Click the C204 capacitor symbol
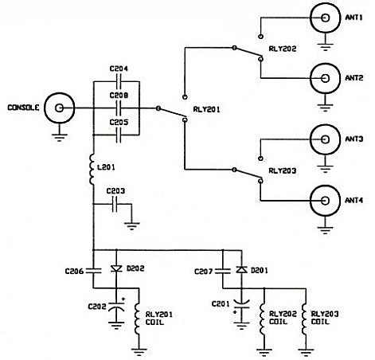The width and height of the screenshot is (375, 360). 119,81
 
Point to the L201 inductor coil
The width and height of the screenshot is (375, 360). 92,169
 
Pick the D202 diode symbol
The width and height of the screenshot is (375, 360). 116,269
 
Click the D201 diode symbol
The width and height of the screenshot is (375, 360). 241,270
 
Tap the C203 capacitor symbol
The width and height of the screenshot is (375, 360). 115,204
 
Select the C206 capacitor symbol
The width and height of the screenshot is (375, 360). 93,271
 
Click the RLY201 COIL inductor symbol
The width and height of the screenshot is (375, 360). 137,319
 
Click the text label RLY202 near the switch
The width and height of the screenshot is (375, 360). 283,49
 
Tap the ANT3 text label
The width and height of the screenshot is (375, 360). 354,139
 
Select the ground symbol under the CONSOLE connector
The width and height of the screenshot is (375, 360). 60,138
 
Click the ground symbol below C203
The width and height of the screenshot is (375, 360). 131,226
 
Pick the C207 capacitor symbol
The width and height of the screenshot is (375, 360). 223,271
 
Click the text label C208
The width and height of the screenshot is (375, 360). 119,96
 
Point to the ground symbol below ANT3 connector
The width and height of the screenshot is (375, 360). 325,169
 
